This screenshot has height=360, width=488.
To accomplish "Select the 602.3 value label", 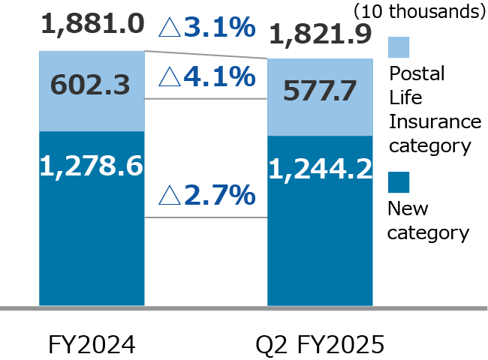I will pos(91,85).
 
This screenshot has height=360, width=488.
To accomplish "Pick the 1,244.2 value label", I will pos(320,170).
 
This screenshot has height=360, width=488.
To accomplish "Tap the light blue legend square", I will pos(399,46).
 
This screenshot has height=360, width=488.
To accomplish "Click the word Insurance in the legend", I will pos(433,121).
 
